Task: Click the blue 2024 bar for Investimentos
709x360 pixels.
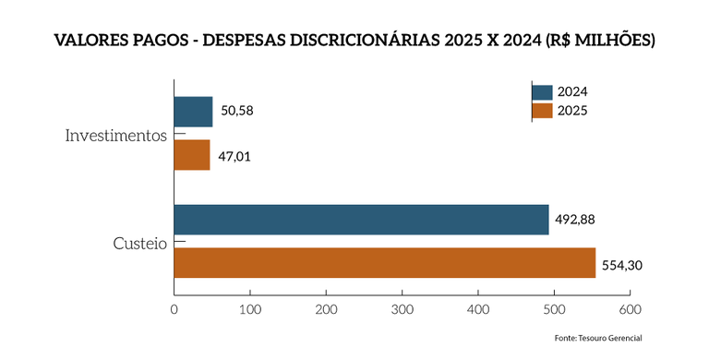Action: click(x=193, y=112)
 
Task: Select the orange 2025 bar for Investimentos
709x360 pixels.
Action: click(x=192, y=155)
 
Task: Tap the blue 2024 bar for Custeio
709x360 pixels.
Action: click(x=361, y=220)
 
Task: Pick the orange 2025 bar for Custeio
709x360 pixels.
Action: click(x=384, y=263)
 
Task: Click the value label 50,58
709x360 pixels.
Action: click(x=236, y=112)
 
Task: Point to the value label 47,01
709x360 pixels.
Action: click(x=234, y=156)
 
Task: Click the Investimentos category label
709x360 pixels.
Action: click(x=115, y=135)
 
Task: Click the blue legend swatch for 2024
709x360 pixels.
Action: click(x=543, y=91)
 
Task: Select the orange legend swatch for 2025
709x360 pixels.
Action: click(x=543, y=111)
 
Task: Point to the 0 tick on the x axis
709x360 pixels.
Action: click(x=174, y=311)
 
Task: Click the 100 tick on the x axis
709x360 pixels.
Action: click(x=250, y=311)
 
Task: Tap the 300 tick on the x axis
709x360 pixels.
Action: click(x=403, y=311)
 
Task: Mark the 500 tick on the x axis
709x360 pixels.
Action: click(x=554, y=311)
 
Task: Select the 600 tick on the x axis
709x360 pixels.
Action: click(x=630, y=311)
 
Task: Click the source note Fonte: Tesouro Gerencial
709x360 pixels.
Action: click(x=597, y=339)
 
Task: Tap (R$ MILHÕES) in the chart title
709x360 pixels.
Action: click(x=599, y=42)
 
